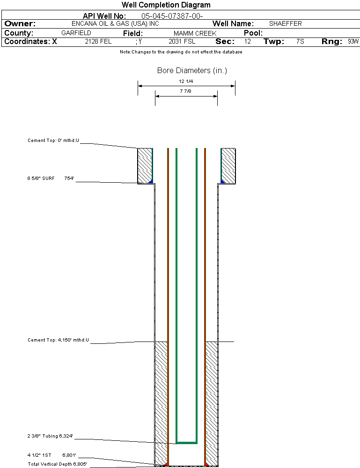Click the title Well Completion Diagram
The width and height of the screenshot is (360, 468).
click(x=166, y=5)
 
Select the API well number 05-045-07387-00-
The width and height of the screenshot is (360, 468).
click(x=172, y=16)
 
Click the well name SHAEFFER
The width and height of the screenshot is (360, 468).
click(x=285, y=23)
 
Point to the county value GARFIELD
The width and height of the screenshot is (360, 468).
click(x=76, y=33)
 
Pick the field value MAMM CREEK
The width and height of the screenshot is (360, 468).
click(x=195, y=34)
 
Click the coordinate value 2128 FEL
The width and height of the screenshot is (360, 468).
click(x=98, y=42)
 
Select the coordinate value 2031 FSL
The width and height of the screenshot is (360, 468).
click(x=182, y=42)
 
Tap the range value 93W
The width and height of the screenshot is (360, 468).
click(x=353, y=42)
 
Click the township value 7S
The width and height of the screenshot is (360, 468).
click(x=300, y=42)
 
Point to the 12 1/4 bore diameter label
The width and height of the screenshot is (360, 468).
click(x=186, y=82)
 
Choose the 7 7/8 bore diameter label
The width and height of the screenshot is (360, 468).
click(x=186, y=91)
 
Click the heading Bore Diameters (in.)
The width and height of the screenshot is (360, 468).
click(x=192, y=71)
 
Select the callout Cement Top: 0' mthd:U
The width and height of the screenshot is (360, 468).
click(x=53, y=141)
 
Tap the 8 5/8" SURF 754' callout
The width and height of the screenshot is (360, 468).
click(x=51, y=178)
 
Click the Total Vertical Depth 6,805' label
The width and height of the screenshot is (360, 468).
click(x=57, y=464)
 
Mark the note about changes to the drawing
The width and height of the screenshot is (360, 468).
click(x=181, y=52)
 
